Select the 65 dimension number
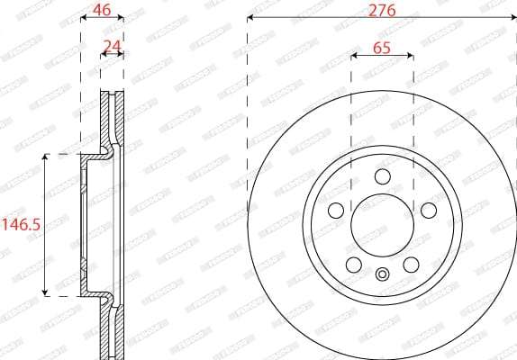pos(381,49)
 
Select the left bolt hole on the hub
pos(337,211)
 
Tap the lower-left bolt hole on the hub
pos(352,265)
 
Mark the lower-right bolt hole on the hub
pos(411,265)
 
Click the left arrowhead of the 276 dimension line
pos(250,18)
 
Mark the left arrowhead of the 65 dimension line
pos(353,56)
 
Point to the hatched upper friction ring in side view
pos(113,117)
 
